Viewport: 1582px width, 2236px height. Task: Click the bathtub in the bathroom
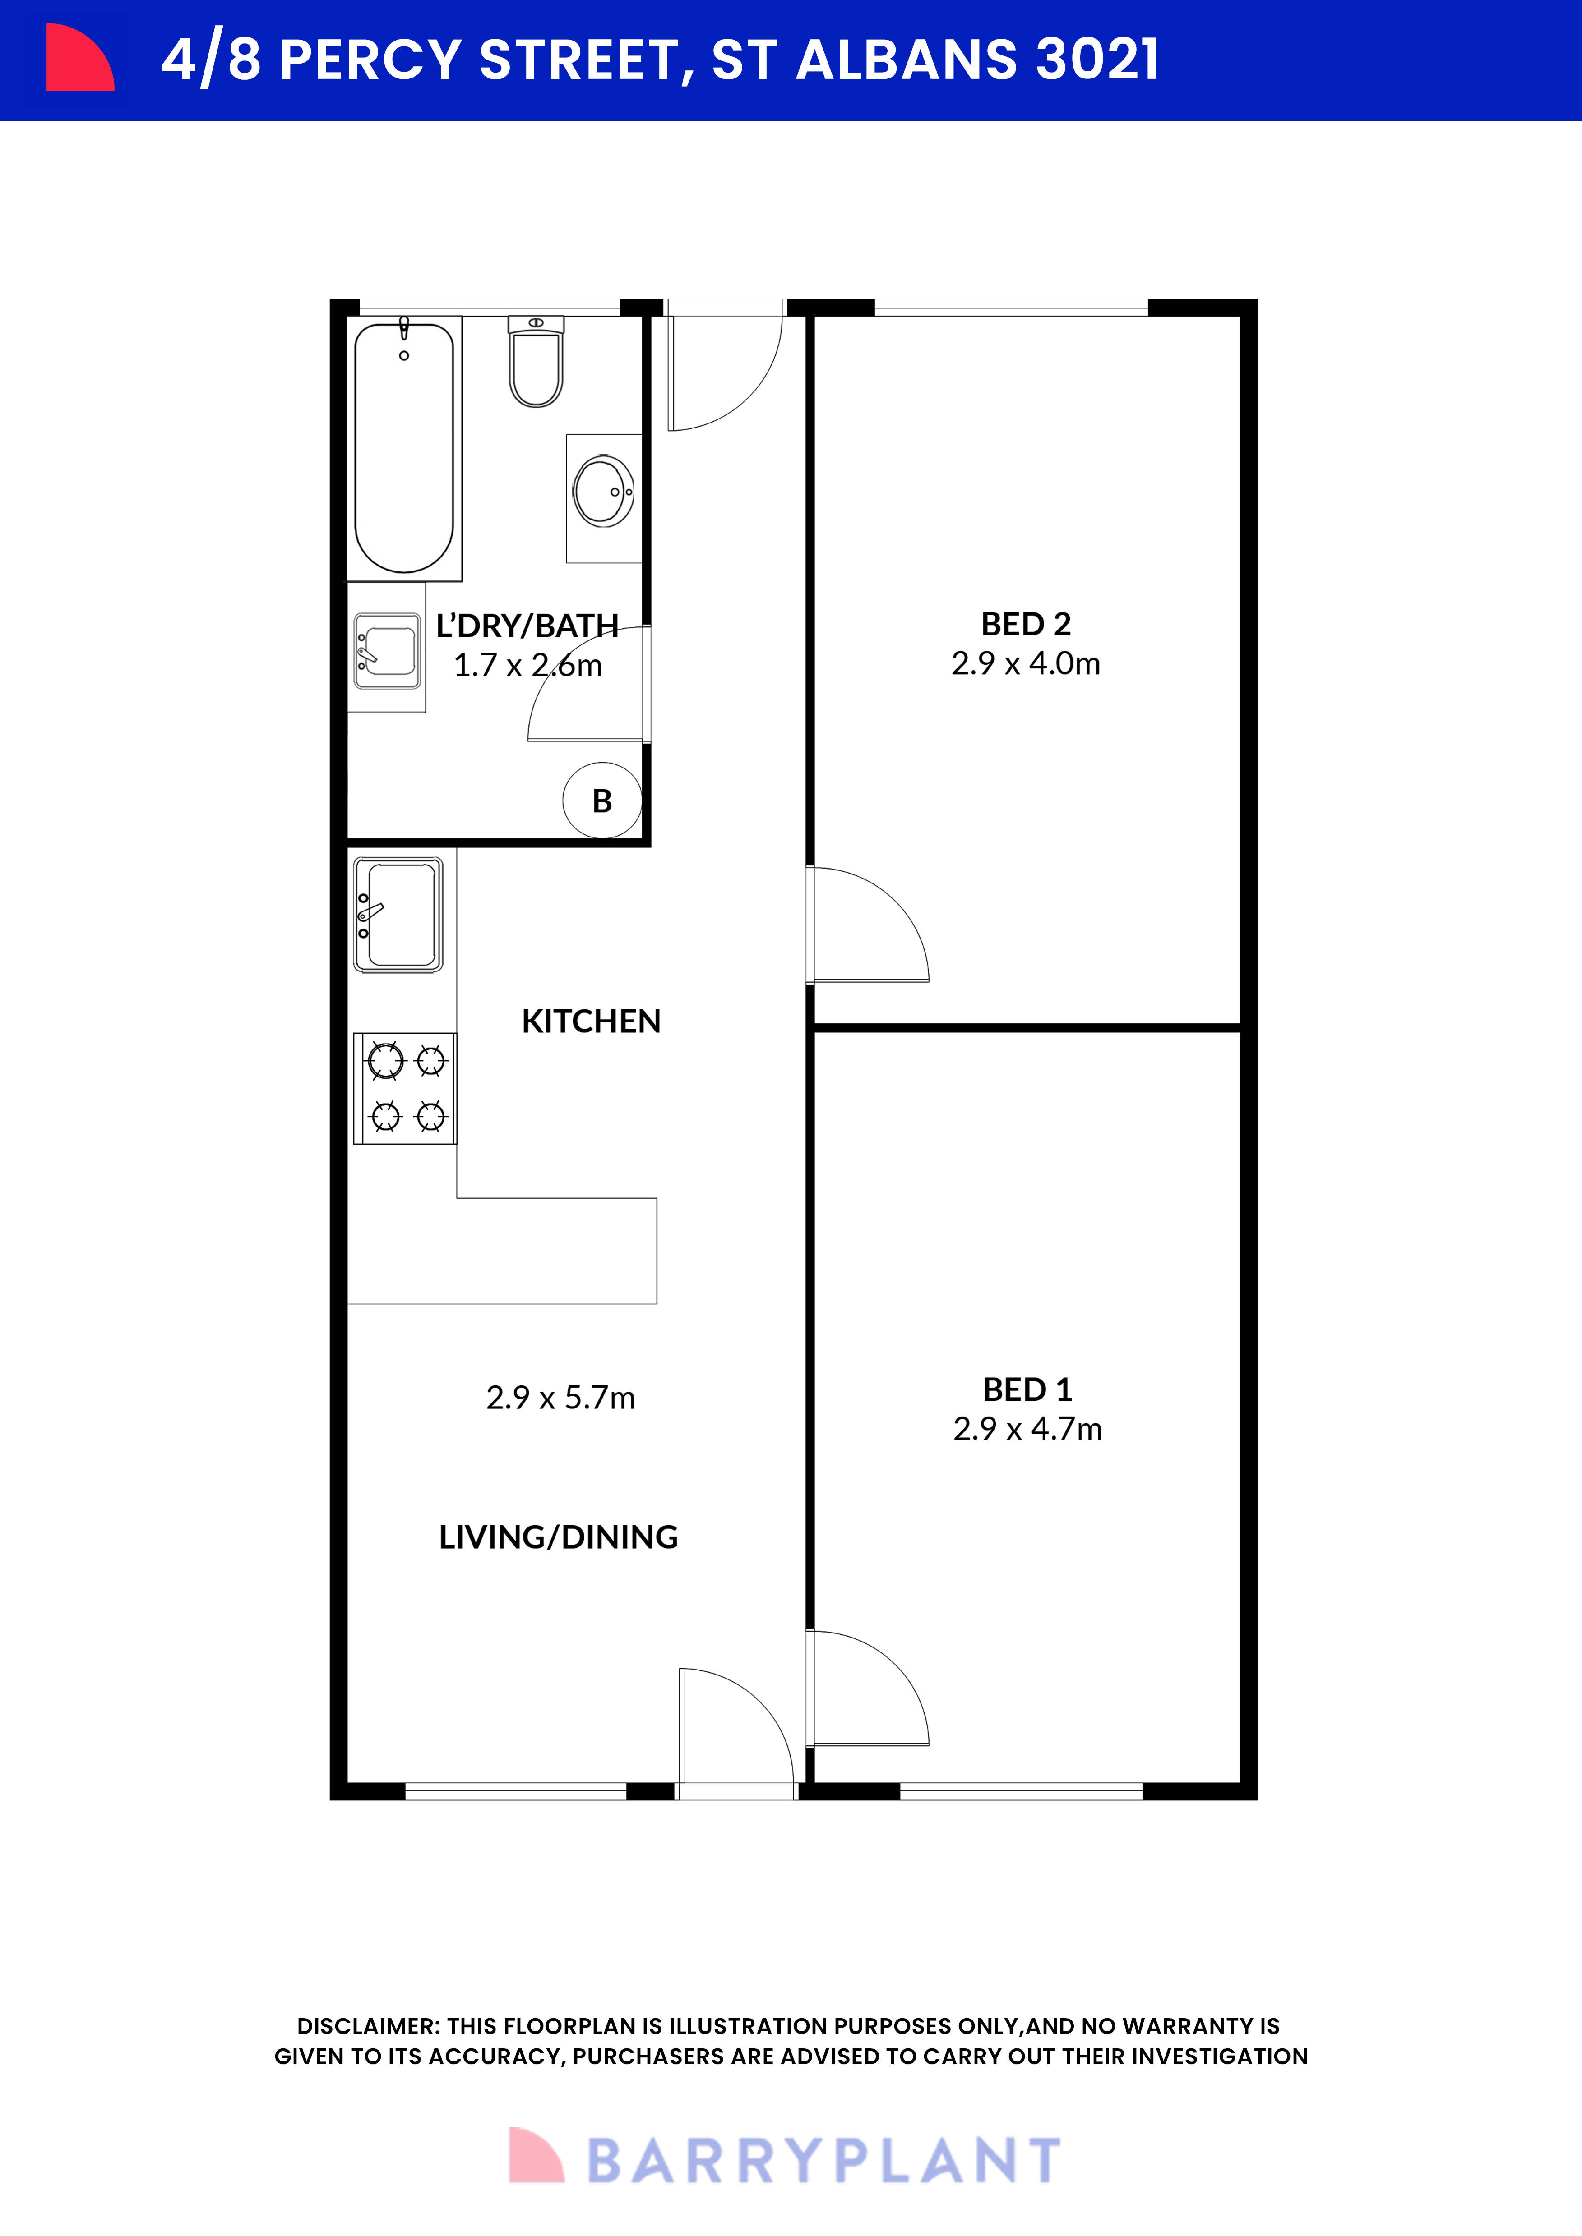click(x=403, y=448)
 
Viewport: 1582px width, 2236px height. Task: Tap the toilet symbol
click(x=536, y=362)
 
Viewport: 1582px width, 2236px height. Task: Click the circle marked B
click(x=602, y=801)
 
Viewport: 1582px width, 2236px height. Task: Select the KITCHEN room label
click(x=591, y=1021)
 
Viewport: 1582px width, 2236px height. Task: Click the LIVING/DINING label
click(x=558, y=1537)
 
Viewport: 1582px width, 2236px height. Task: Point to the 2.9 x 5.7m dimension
click(x=560, y=1398)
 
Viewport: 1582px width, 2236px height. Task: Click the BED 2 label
click(x=1026, y=623)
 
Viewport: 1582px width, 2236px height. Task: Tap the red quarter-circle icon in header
click(x=78, y=59)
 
